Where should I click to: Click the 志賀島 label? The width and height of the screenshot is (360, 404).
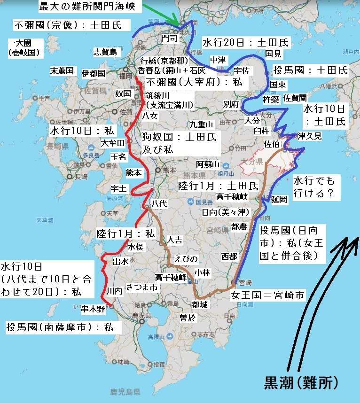click(x=105, y=52)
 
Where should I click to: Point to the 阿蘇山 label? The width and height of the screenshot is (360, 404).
click(x=208, y=164)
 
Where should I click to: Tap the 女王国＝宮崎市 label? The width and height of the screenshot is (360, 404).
click(x=267, y=295)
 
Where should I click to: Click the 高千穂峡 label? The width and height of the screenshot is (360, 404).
click(x=232, y=196)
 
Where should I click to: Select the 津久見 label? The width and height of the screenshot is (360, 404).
click(x=310, y=136)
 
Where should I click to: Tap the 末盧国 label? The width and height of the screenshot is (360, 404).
click(x=63, y=71)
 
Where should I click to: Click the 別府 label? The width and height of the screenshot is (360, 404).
click(x=231, y=104)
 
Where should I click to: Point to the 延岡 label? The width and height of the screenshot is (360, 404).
click(x=279, y=199)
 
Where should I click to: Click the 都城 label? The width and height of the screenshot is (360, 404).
click(x=200, y=303)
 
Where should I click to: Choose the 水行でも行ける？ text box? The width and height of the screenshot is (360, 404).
click(x=316, y=187)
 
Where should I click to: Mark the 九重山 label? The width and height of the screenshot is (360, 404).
click(x=202, y=124)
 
